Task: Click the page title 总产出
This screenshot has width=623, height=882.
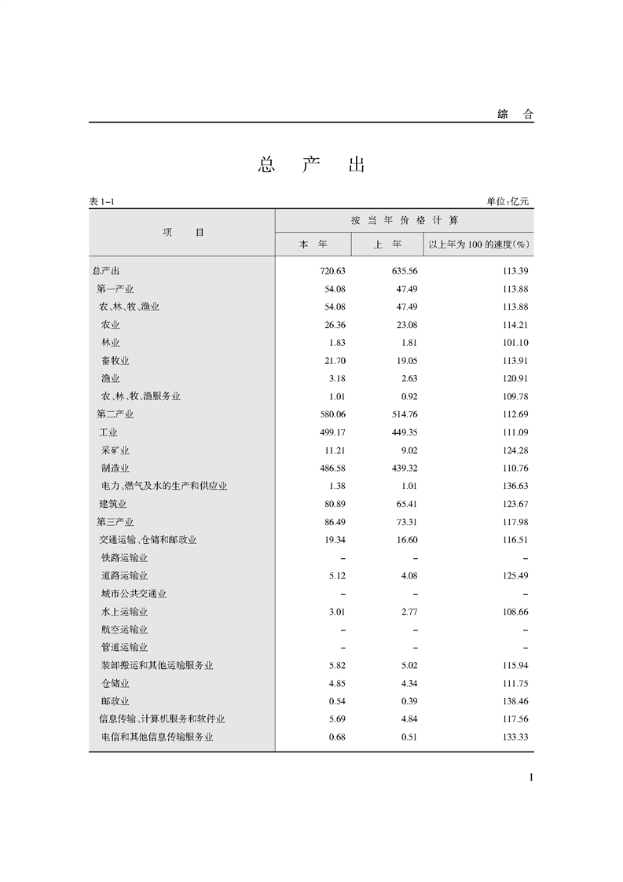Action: [x=312, y=165]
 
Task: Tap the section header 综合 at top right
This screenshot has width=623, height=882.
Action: [x=515, y=115]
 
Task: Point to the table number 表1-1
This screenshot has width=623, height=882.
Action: [x=103, y=202]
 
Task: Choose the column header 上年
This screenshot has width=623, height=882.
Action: [x=387, y=244]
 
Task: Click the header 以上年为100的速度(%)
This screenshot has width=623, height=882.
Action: [x=478, y=244]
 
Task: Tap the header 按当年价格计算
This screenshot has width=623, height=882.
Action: [x=404, y=220]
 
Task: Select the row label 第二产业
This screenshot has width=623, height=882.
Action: [x=115, y=414]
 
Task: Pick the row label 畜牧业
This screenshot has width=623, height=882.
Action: [x=115, y=361]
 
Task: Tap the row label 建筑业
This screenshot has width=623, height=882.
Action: [x=112, y=504]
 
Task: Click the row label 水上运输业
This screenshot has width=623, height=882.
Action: [x=124, y=612]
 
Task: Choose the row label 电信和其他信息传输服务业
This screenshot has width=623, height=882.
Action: [x=157, y=737]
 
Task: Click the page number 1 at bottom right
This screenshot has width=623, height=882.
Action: [x=532, y=778]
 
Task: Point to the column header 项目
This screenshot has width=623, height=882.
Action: [x=183, y=232]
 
